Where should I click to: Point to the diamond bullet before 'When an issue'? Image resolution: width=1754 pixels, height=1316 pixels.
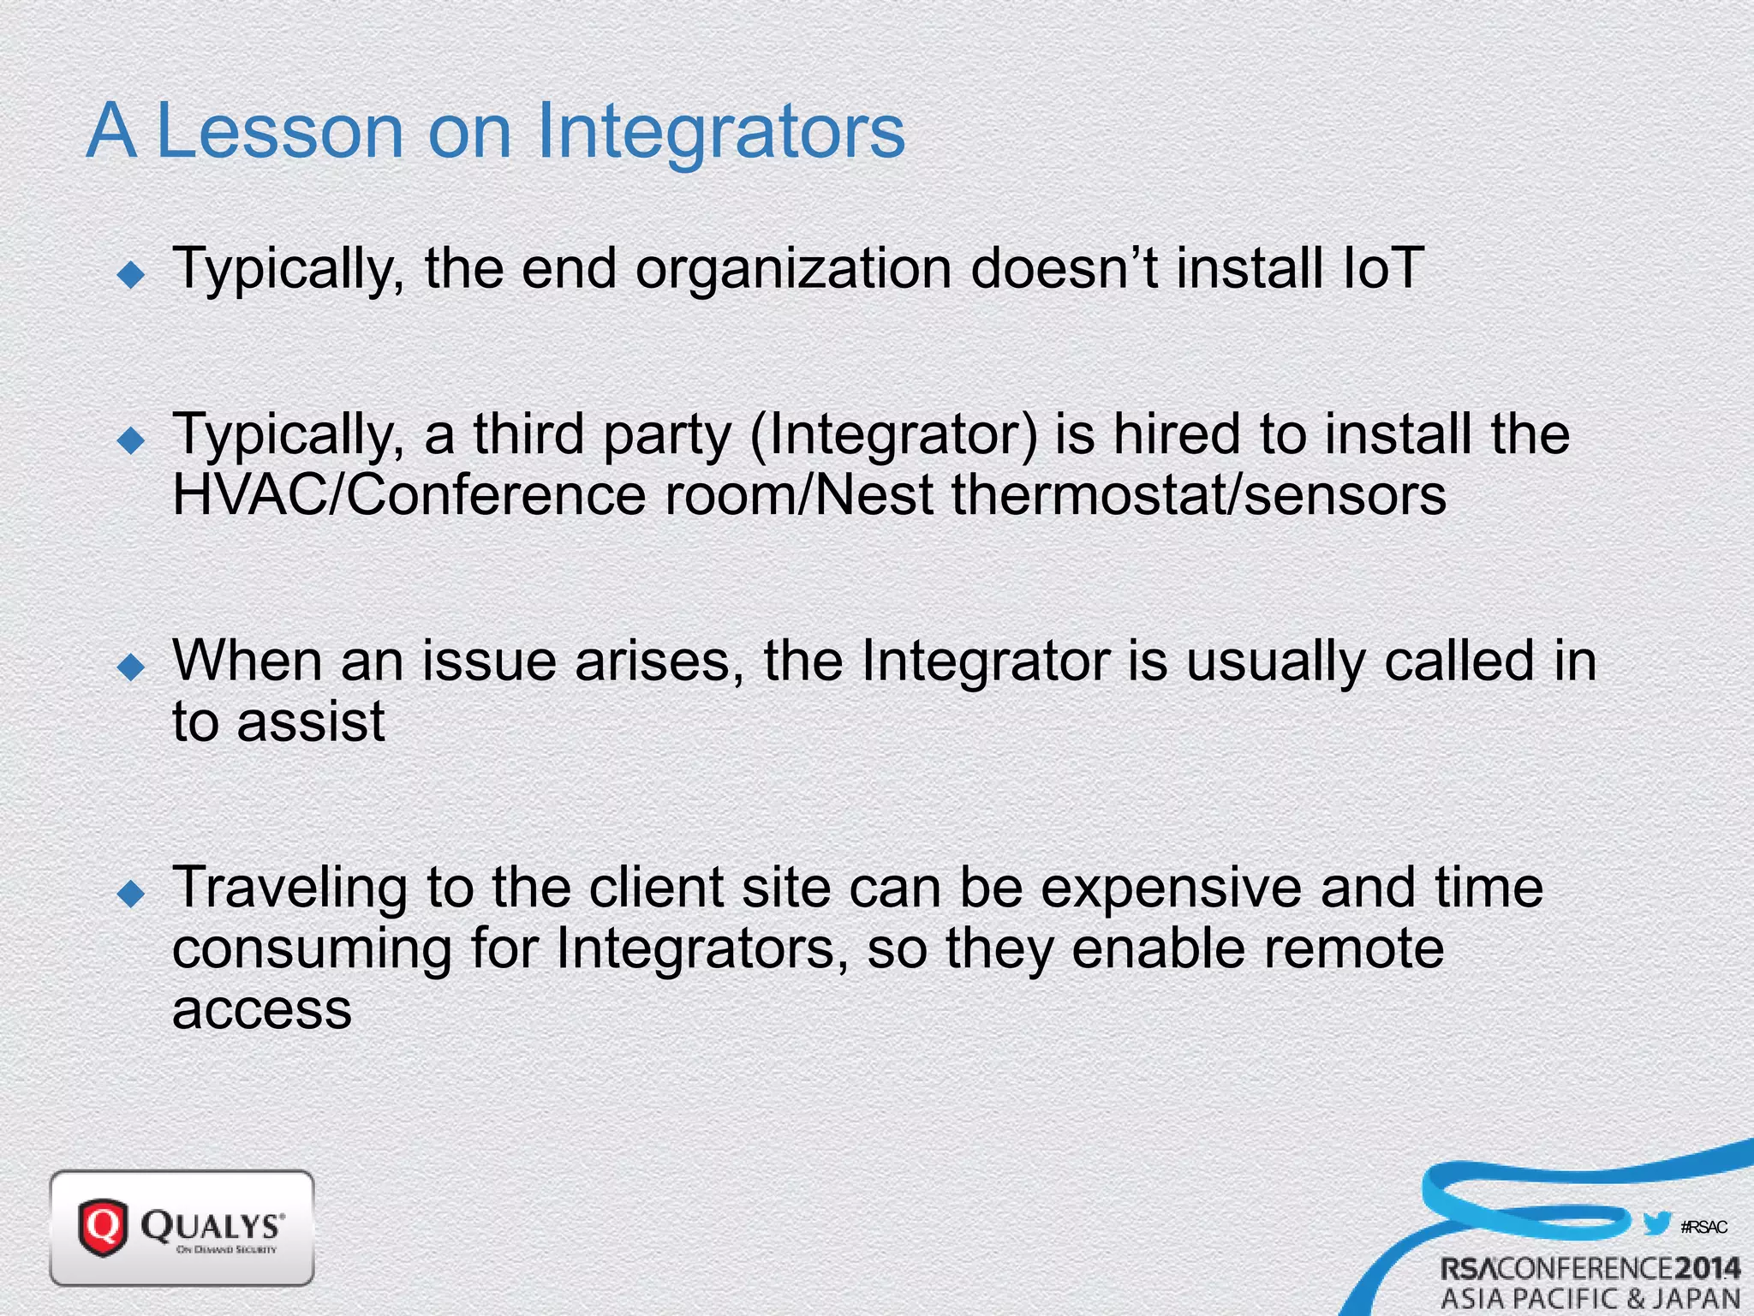[x=132, y=667]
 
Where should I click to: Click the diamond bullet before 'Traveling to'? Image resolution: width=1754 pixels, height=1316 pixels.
[x=132, y=894]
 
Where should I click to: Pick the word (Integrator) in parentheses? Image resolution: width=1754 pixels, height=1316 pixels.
[x=893, y=434]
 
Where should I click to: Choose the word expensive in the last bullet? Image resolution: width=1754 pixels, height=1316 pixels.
[x=1170, y=888]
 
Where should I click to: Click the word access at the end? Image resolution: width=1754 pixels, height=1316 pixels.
[x=261, y=1009]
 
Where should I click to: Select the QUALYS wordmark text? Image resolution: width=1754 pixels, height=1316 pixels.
[x=212, y=1225]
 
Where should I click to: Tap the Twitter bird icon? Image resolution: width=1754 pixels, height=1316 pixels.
[x=1657, y=1223]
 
